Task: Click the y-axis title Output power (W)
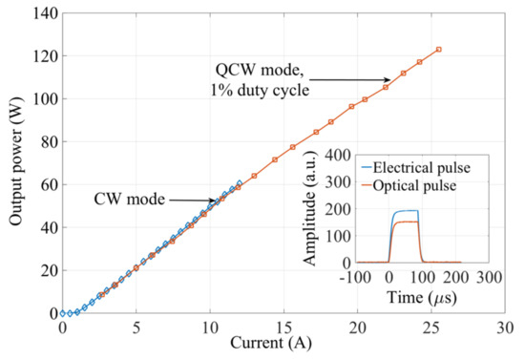click(x=17, y=159)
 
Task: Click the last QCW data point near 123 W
click(x=438, y=50)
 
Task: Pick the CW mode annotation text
click(x=131, y=200)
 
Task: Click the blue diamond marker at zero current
click(x=63, y=313)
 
